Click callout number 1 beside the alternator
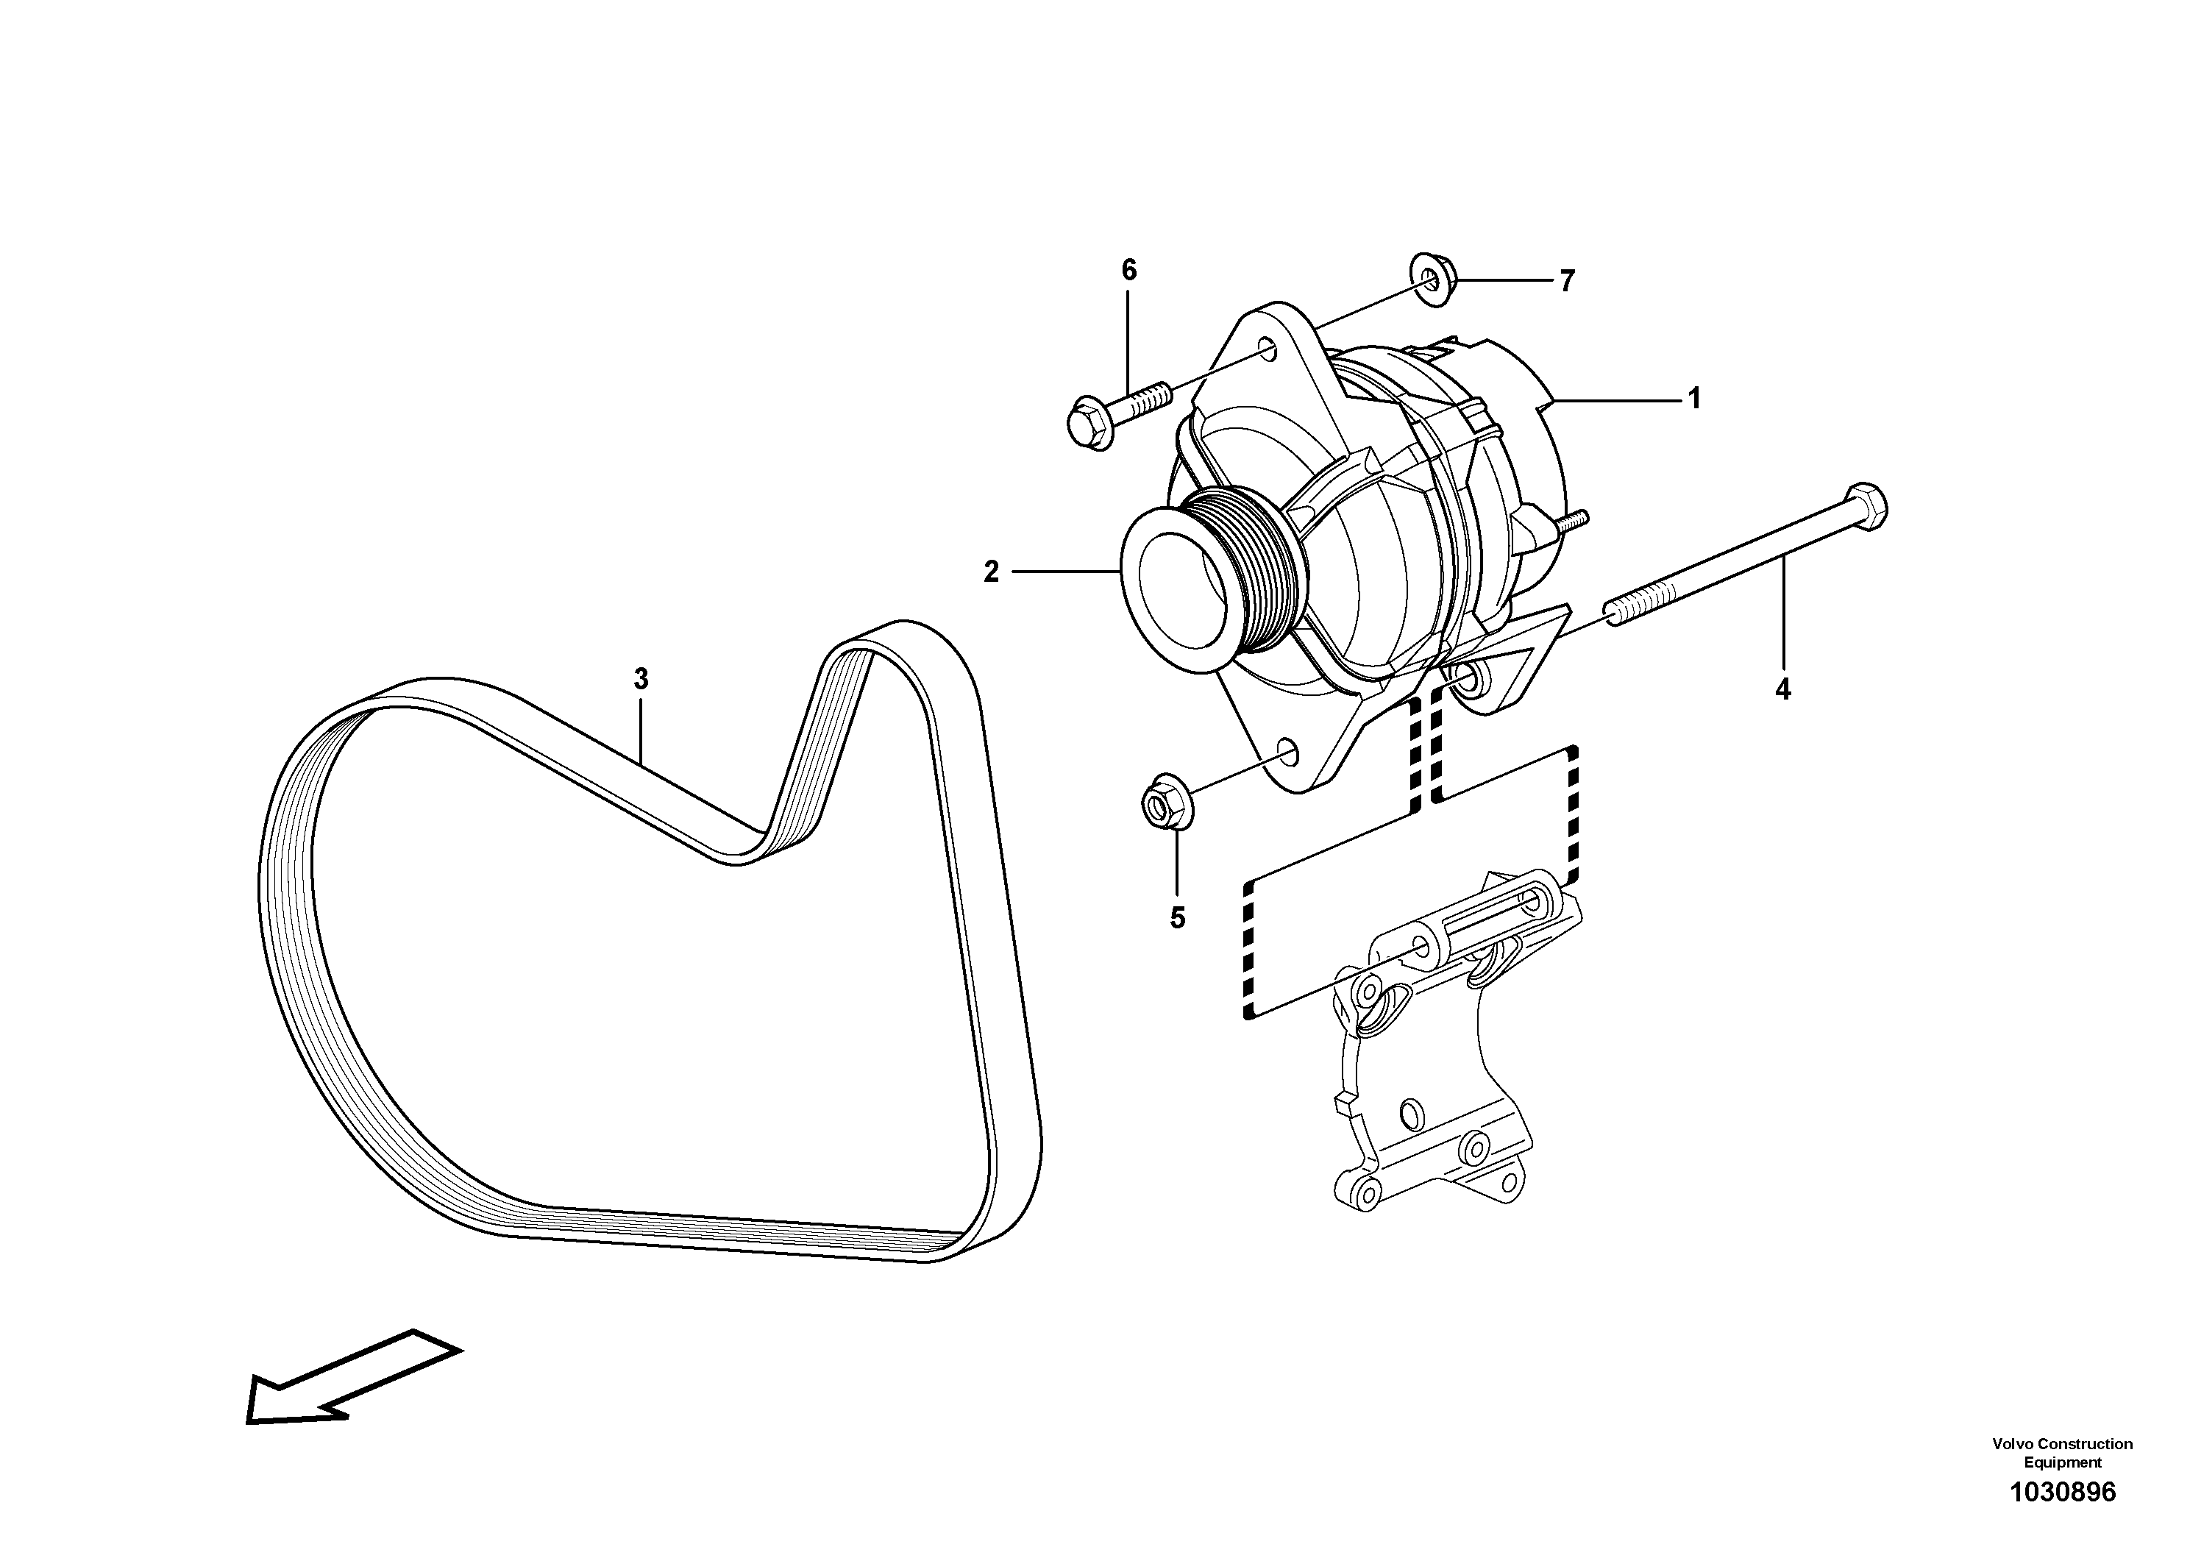[1694, 399]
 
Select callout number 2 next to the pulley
[991, 572]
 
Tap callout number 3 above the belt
[641, 679]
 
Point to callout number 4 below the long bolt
[1782, 689]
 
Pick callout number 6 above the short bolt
[1128, 271]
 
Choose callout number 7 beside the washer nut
[1567, 280]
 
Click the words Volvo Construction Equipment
[2062, 1453]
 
